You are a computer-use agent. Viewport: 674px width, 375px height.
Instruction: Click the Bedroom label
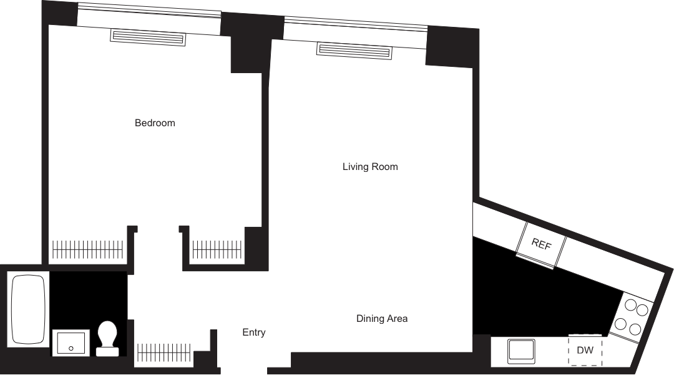(x=155, y=123)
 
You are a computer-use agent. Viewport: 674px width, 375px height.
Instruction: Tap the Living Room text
(x=370, y=167)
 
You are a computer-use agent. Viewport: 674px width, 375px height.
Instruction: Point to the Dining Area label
(x=382, y=319)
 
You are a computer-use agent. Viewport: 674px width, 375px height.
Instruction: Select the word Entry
(x=254, y=332)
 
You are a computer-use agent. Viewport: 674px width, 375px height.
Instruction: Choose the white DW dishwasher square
(x=585, y=351)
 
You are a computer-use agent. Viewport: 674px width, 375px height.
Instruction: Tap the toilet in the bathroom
(x=108, y=338)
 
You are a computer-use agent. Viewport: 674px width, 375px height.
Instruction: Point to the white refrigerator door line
(x=534, y=261)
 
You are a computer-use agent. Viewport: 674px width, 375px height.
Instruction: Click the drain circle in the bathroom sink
(x=71, y=348)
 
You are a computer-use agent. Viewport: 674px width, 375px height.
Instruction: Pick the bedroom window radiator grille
(x=149, y=37)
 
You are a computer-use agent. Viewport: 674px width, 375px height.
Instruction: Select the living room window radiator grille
(x=353, y=49)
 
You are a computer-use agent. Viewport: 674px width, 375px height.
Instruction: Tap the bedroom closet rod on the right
(x=217, y=249)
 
